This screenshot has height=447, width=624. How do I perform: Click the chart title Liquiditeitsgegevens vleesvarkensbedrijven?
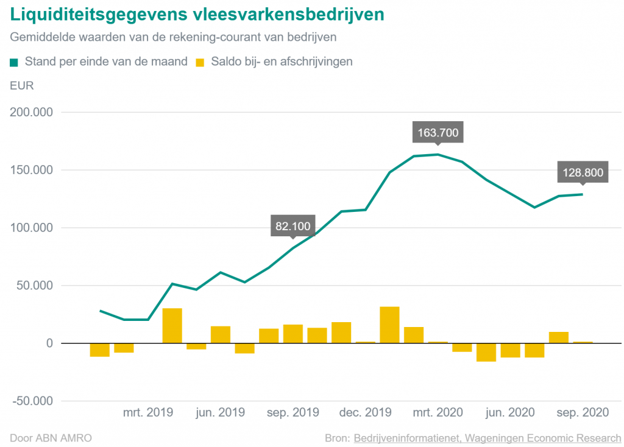[197, 14]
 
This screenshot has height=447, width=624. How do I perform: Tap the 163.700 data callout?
[438, 132]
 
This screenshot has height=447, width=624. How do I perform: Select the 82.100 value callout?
[292, 227]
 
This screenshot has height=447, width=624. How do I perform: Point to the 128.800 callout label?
[583, 172]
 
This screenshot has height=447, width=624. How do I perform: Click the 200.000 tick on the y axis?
[32, 113]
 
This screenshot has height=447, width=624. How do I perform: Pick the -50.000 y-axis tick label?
[32, 401]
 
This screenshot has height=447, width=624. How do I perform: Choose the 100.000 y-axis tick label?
[32, 228]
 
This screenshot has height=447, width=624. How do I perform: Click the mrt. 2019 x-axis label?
[148, 412]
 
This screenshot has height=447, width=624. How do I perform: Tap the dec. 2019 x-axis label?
[365, 412]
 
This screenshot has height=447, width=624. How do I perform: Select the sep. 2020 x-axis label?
[583, 412]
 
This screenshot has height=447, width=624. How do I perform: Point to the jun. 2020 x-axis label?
[510, 412]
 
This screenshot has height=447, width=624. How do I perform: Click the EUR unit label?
[22, 85]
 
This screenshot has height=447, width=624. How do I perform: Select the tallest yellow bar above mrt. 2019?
[172, 326]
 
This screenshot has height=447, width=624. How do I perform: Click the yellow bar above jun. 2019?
[221, 334]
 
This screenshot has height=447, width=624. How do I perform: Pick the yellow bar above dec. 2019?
[365, 342]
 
